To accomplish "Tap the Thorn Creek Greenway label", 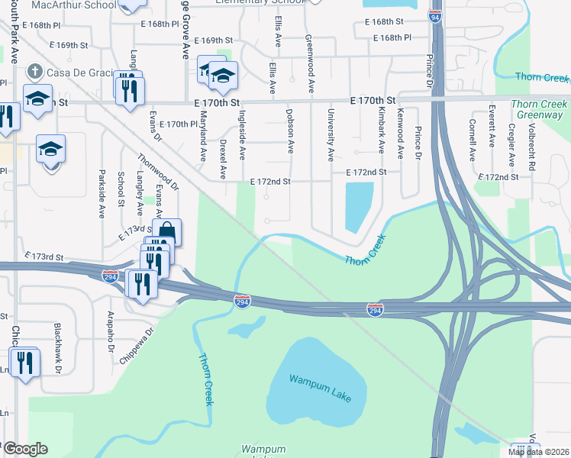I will pyautogui.click(x=540, y=109).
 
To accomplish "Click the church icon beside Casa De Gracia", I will pyautogui.click(x=34, y=72).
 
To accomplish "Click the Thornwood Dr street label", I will pyautogui.click(x=158, y=172).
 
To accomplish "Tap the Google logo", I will pyautogui.click(x=25, y=448).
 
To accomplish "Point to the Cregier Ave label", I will pyautogui.click(x=510, y=140).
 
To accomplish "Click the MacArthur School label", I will pyautogui.click(x=74, y=5).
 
